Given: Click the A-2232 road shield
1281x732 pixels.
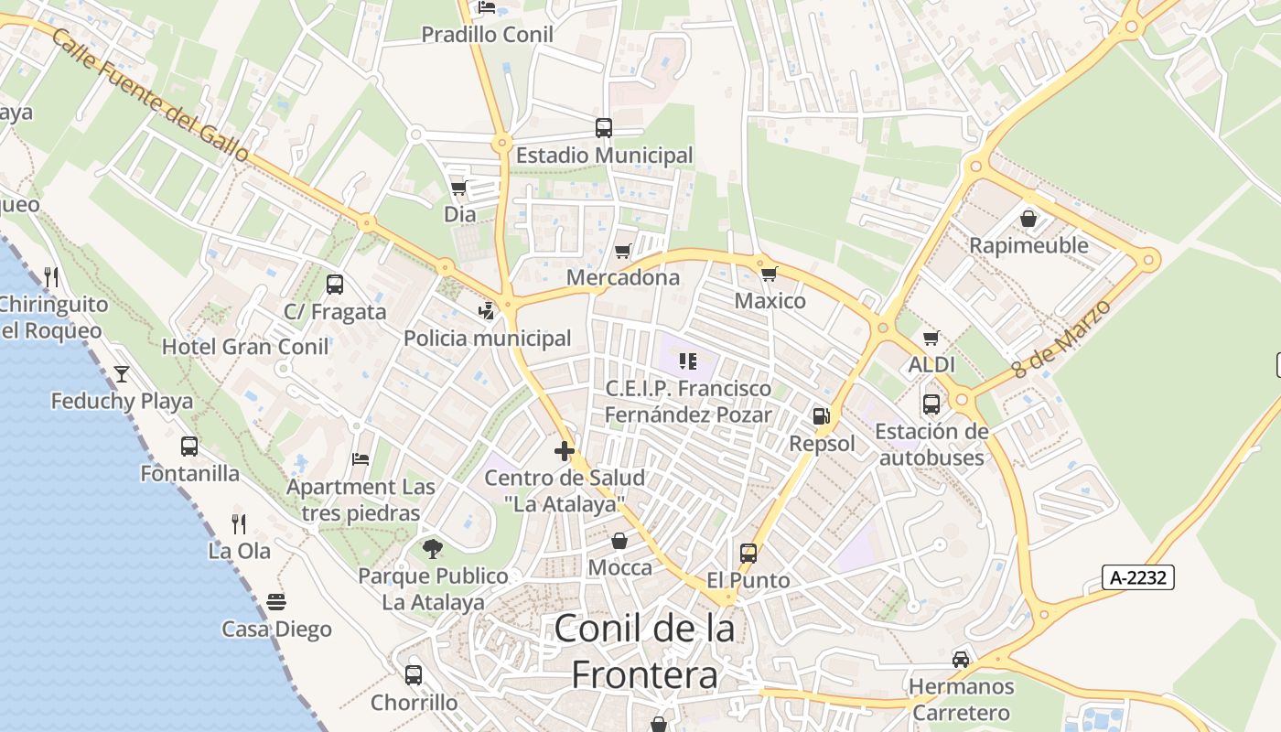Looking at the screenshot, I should (x=1138, y=577).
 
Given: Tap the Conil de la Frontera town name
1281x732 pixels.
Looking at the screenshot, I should (x=644, y=651).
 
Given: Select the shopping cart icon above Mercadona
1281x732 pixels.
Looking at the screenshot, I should (x=623, y=251).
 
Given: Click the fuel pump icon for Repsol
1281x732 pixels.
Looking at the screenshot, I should (x=822, y=416).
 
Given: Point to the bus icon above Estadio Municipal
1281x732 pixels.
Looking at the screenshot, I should (x=604, y=128).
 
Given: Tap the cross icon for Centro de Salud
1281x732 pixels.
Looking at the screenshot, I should (x=565, y=450).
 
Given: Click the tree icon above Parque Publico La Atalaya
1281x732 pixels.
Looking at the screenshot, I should (x=433, y=549).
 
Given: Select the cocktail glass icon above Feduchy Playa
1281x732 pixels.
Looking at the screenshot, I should (x=121, y=373).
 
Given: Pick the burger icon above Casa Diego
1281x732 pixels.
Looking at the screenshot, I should (x=276, y=602).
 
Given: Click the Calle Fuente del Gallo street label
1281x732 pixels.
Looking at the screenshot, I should (x=151, y=96).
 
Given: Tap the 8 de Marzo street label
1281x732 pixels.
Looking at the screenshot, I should (x=1063, y=339).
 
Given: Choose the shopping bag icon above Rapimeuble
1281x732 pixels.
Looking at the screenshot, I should (x=1028, y=219).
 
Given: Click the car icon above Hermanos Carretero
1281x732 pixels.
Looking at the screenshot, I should (x=961, y=659).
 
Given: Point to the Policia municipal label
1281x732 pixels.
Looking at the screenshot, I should (x=488, y=339).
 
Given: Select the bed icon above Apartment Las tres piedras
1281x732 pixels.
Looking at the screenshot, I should (x=361, y=459).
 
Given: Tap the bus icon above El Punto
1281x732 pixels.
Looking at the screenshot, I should (x=748, y=554).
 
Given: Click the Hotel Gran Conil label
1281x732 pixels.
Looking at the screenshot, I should (x=245, y=347).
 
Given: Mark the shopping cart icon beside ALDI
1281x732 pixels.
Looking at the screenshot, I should (x=931, y=339).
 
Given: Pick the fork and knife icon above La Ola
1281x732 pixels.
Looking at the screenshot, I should (x=239, y=523).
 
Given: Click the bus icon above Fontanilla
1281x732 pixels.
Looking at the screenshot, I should (x=189, y=447).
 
